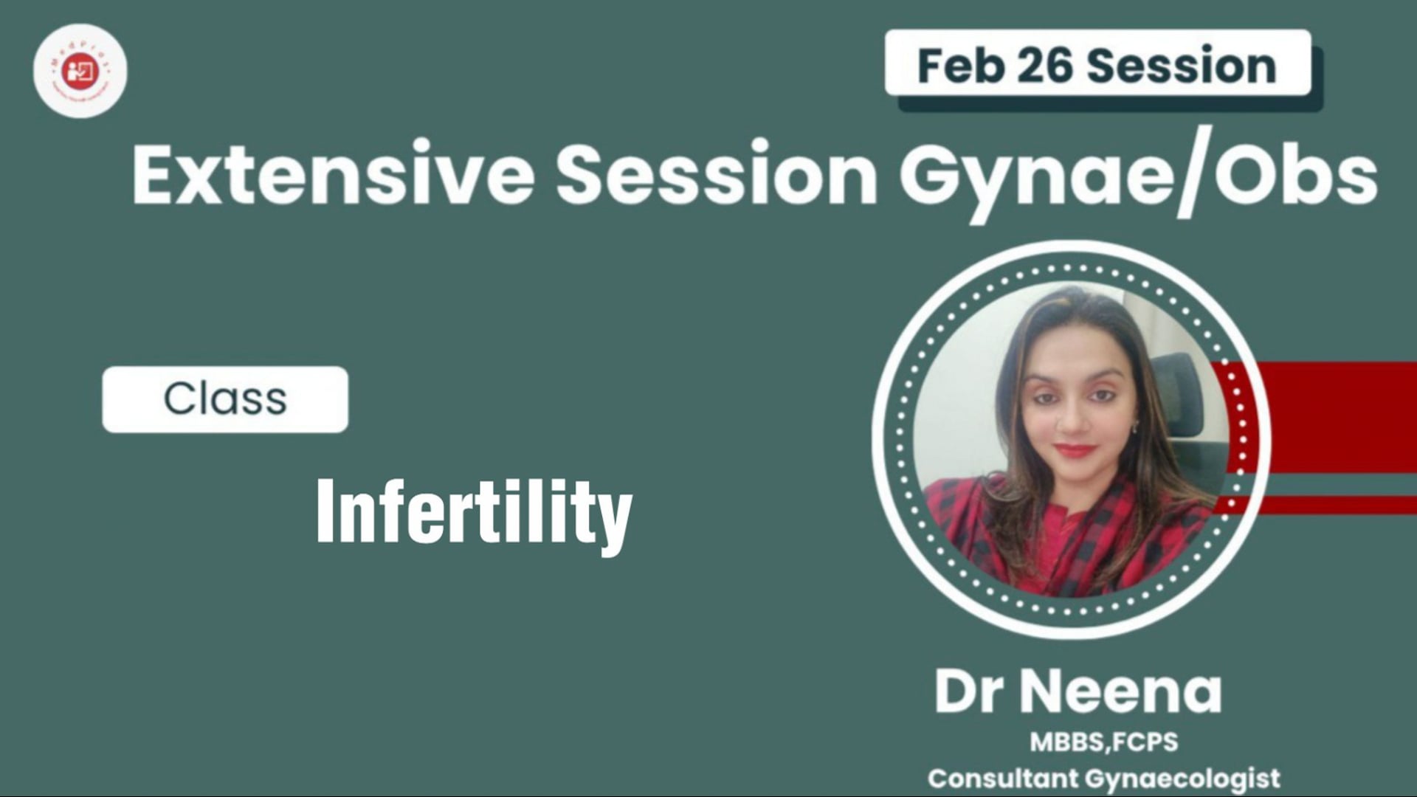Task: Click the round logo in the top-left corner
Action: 80,71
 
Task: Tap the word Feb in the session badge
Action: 960,66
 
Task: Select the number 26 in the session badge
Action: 1044,66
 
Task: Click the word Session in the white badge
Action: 1182,66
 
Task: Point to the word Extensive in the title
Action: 333,176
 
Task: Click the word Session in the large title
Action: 716,176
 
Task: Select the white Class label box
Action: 225,399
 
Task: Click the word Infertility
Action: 474,513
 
